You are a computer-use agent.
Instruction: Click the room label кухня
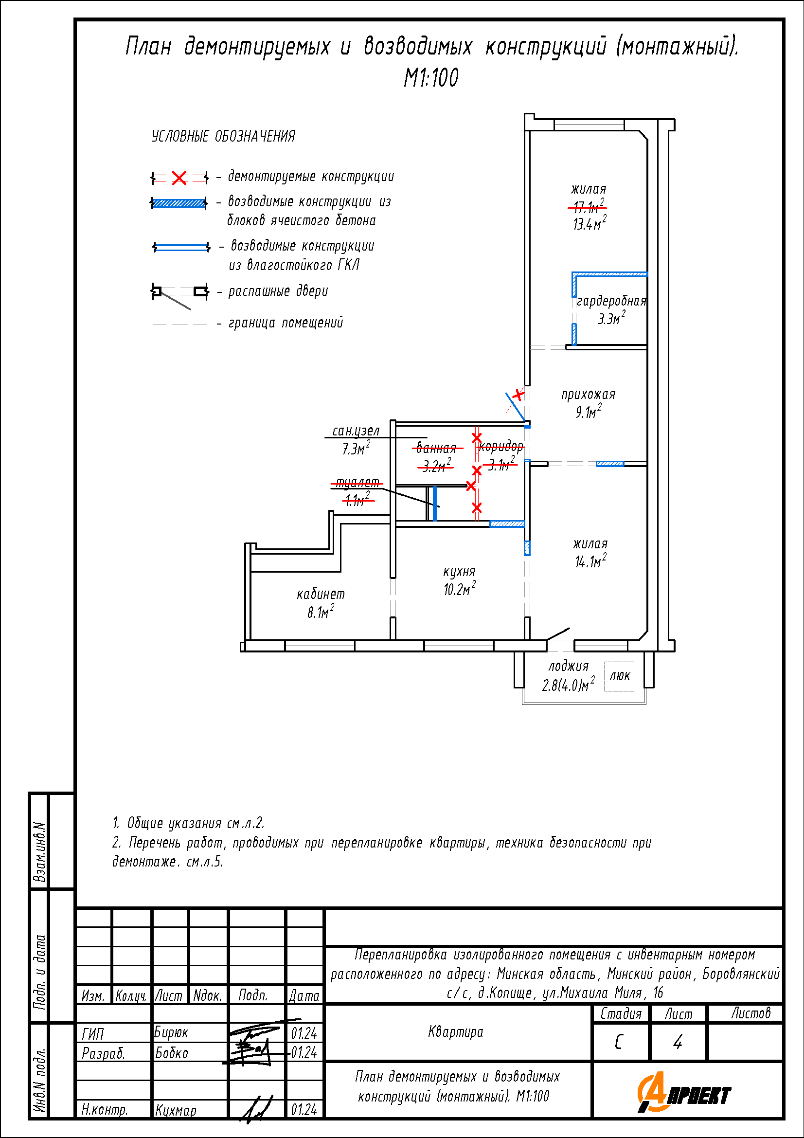(x=459, y=572)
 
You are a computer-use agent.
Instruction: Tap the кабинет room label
(x=321, y=594)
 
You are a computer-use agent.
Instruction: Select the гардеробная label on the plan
(x=612, y=301)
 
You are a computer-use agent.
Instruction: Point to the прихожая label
(x=589, y=395)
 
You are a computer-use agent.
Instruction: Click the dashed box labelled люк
(x=619, y=676)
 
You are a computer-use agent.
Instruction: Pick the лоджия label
(x=568, y=667)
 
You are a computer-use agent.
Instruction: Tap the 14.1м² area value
(x=590, y=560)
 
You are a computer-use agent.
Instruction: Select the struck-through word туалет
(x=357, y=483)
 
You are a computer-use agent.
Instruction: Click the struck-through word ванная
(x=436, y=448)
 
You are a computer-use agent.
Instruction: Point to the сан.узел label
(x=356, y=431)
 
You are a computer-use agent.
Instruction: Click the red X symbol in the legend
(x=179, y=178)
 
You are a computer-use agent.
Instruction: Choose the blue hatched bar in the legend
(x=179, y=203)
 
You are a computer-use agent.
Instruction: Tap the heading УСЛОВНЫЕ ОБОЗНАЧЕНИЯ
(x=223, y=136)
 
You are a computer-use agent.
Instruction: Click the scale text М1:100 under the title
(x=431, y=78)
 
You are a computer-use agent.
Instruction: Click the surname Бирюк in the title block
(x=171, y=1032)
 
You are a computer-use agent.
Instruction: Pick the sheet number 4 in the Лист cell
(x=678, y=1042)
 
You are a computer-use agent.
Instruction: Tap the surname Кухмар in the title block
(x=176, y=1110)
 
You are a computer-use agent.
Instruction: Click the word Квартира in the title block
(x=455, y=1031)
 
